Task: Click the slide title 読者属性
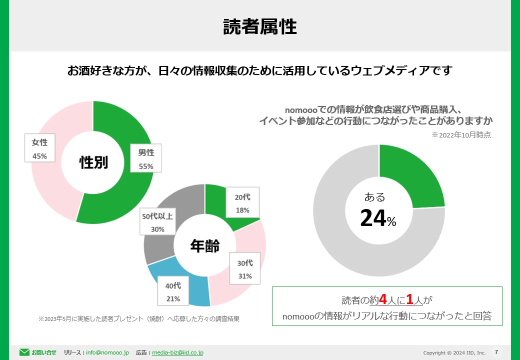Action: [x=259, y=27]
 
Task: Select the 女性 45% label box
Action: [x=39, y=149]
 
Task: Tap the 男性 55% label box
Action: [x=146, y=159]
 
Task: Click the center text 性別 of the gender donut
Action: [x=93, y=162]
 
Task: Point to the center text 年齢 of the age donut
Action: [x=205, y=245]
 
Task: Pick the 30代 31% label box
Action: [x=245, y=269]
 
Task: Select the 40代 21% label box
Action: [x=173, y=292]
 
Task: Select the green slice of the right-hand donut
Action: [x=415, y=175]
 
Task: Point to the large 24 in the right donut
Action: [x=373, y=218]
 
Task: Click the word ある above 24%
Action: [x=374, y=196]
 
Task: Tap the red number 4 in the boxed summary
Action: [x=383, y=299]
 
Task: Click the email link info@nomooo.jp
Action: [x=107, y=352]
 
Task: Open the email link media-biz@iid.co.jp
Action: [x=177, y=352]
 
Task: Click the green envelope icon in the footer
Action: [x=24, y=352]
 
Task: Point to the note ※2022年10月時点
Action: [x=461, y=134]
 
